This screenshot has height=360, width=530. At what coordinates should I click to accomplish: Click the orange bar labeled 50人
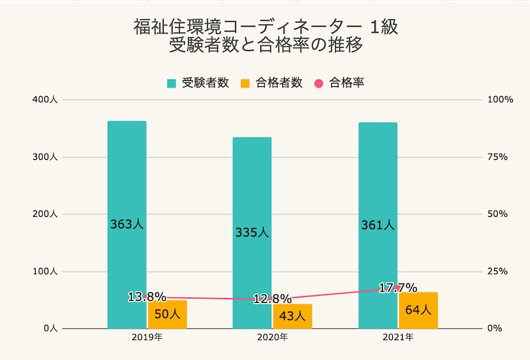click(167, 314)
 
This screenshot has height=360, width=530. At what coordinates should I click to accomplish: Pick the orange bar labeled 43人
click(292, 316)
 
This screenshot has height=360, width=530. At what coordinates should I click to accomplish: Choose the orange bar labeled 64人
click(418, 310)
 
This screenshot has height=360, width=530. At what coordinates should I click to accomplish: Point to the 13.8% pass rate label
click(146, 296)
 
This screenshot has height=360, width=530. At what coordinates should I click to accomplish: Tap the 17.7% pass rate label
click(397, 288)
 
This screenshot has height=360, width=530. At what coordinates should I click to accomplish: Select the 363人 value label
click(127, 224)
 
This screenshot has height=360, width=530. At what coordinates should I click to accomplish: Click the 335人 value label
click(252, 233)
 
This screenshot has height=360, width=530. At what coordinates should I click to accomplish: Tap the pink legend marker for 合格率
click(317, 84)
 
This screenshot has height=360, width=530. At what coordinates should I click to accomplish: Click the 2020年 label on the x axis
click(272, 337)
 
